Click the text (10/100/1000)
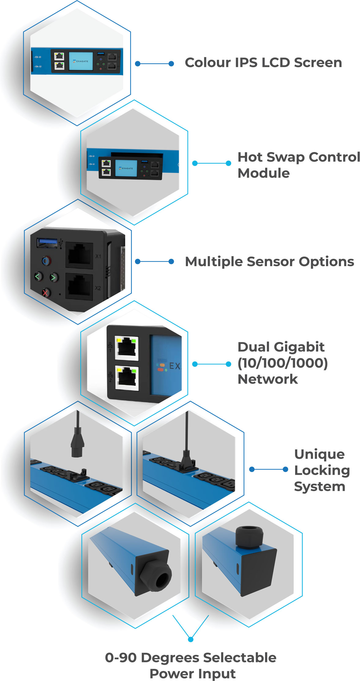[x=283, y=363]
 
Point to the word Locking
[x=322, y=471]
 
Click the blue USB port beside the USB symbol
[x=47, y=243]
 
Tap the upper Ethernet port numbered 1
[x=127, y=348]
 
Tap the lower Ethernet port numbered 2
[x=127, y=378]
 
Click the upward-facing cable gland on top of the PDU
[x=249, y=537]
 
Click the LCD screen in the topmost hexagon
[x=81, y=61]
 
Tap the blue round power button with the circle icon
[x=46, y=261]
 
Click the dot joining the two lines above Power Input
[x=191, y=639]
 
